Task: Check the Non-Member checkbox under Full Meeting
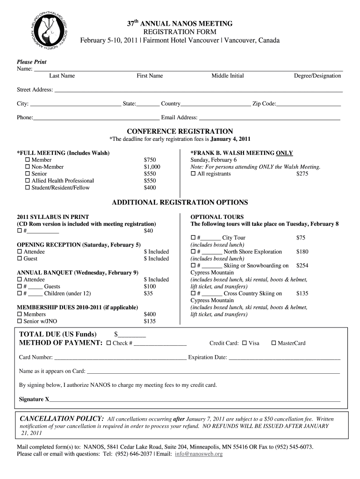pos(27,167)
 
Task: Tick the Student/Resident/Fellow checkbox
pos(27,188)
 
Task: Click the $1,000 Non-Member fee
pos(152,167)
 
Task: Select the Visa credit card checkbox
pos(245,343)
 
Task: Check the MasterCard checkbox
pos(274,343)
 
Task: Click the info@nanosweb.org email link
pos(199,454)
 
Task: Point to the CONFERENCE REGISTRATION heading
pos(180,131)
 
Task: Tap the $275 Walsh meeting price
pos(302,174)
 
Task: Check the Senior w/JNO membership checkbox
pos(19,321)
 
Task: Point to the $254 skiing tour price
pos(302,266)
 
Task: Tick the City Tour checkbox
pos(193,238)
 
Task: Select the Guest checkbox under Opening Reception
pos(19,259)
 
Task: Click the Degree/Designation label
pos(317,76)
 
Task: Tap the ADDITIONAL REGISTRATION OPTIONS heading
pos(180,203)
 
